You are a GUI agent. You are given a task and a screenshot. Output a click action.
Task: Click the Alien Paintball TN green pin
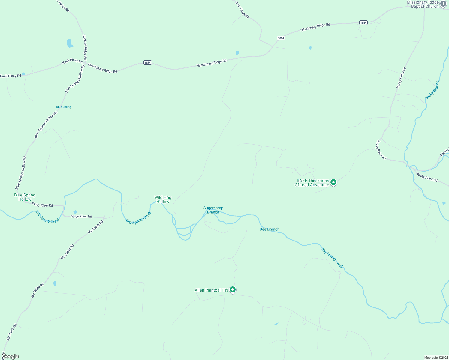[x=233, y=290]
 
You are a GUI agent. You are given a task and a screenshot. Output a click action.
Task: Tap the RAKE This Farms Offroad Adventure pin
[x=333, y=182]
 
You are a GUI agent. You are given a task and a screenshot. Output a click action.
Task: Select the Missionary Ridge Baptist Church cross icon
[x=443, y=4]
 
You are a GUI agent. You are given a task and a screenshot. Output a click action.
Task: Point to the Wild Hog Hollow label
[x=163, y=199]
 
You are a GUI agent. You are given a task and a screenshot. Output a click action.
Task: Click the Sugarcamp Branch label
[x=213, y=210]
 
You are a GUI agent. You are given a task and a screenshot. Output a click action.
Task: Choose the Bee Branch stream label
[x=269, y=229]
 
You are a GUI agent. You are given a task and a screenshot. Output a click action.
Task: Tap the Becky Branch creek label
[x=432, y=90]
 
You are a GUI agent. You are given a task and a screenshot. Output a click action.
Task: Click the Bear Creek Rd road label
[x=242, y=10]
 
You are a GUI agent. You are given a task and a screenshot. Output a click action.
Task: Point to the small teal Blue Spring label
[x=64, y=107]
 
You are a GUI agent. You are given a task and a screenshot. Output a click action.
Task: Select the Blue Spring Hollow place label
[x=25, y=197]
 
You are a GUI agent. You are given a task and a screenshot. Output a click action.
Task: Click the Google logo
[x=10, y=356]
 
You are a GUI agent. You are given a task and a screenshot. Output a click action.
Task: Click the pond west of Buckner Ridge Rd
[x=70, y=43]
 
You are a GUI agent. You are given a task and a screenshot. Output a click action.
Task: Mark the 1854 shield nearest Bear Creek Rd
[x=281, y=38]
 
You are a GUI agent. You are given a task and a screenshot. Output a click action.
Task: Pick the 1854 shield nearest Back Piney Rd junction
[x=147, y=63]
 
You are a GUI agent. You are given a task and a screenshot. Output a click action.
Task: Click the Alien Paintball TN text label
[x=211, y=290]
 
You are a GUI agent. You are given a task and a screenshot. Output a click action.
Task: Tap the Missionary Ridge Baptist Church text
[x=423, y=4]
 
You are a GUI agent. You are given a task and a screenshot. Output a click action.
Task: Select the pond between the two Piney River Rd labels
[x=75, y=212]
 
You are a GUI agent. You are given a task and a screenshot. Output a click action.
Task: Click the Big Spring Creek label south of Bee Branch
[x=332, y=258]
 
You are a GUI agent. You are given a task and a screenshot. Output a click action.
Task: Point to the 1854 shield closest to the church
[x=363, y=23]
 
